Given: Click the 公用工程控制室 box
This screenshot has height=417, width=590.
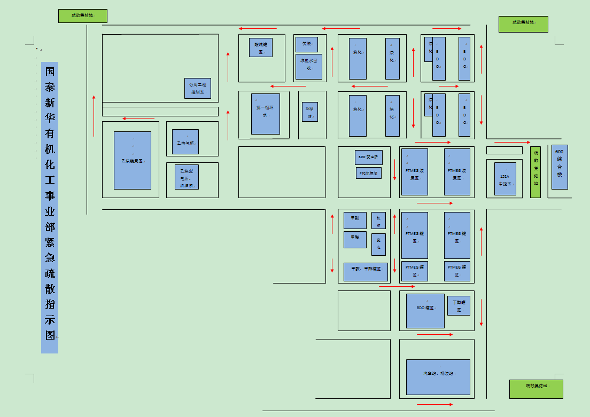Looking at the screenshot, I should tap(197, 88).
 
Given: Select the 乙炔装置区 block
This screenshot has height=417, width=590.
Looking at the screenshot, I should tap(133, 160).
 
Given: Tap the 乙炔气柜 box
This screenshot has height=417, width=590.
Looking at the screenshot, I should tap(185, 141).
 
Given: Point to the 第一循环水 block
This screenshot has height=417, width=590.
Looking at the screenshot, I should tap(266, 114).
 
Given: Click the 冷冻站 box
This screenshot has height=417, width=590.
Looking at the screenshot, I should tap(309, 112).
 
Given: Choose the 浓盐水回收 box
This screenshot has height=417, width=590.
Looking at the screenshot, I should tap(309, 66).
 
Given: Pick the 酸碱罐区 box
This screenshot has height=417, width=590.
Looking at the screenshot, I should tap(261, 47).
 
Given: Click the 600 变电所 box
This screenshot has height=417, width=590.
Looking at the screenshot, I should tap(369, 158).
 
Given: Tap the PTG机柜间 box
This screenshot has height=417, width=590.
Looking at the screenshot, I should tap(369, 173).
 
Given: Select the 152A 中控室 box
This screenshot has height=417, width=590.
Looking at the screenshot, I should tap(505, 178).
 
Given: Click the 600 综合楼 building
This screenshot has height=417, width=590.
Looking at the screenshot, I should tap(560, 167).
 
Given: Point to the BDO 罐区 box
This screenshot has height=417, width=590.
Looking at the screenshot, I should tap(425, 311).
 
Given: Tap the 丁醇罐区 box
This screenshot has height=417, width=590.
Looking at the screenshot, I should tap(459, 305).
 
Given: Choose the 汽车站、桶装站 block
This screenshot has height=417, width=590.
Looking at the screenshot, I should tap(438, 377).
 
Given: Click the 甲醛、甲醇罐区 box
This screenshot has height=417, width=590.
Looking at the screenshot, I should tap(366, 272).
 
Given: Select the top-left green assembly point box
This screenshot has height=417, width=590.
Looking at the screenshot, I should tap(83, 16).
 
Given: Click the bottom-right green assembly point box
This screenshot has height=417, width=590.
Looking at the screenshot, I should tap(536, 389).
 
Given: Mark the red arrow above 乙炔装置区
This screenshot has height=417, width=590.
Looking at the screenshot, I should tap(138, 119).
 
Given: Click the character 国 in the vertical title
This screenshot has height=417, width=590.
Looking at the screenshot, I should tap(50, 71).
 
